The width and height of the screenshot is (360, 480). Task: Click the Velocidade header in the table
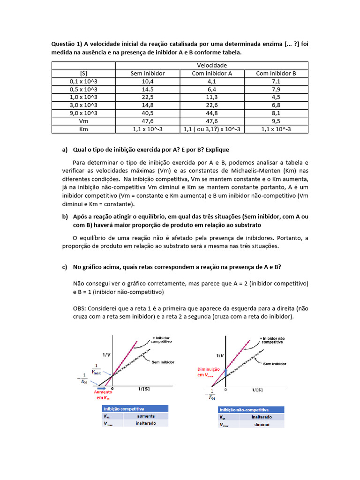(212, 65)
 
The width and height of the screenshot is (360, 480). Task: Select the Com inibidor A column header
(212, 74)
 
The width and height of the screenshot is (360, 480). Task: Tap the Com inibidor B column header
(276, 74)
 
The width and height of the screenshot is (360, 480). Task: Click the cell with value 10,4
(147, 81)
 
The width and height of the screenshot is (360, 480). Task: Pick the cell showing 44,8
(212, 113)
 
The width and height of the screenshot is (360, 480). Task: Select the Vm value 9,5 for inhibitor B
(276, 121)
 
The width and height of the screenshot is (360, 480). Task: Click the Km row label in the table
(83, 129)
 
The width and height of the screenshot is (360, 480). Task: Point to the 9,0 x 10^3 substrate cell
(83, 113)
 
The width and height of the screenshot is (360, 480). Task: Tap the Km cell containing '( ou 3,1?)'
(212, 129)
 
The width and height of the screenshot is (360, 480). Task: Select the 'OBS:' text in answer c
(81, 308)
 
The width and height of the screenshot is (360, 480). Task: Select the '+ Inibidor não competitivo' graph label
(274, 340)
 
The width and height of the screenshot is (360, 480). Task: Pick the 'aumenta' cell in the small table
(146, 416)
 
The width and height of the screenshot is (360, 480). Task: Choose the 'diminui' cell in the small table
(261, 425)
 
